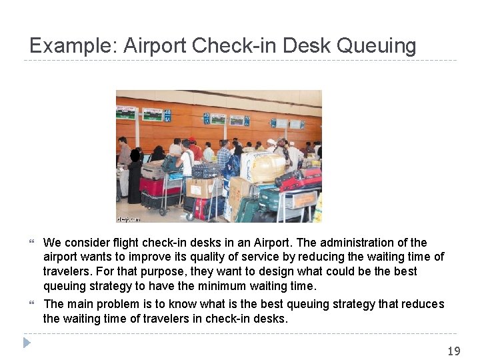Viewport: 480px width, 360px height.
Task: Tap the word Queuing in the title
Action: click(x=377, y=46)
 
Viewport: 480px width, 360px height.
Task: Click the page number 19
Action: click(x=453, y=351)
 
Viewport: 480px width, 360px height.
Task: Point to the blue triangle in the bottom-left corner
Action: click(x=27, y=343)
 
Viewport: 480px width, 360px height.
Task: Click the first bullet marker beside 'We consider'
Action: click(x=33, y=243)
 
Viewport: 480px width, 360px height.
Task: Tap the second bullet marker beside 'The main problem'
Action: click(x=33, y=305)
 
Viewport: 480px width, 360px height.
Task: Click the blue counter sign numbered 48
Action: click(x=167, y=115)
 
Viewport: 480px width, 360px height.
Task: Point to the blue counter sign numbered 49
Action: click(x=207, y=118)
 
